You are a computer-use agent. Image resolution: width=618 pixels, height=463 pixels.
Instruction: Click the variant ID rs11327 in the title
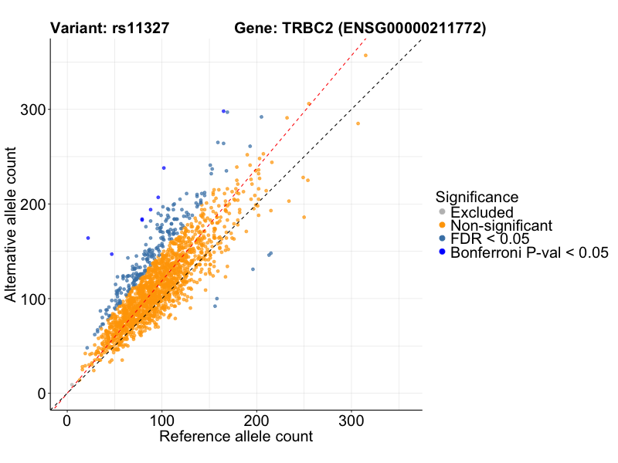(x=141, y=29)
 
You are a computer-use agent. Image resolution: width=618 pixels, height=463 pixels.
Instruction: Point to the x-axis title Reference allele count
(x=236, y=437)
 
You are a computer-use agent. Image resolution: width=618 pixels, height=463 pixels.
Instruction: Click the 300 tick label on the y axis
(x=30, y=110)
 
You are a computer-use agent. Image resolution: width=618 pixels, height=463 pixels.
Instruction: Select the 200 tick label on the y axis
(x=30, y=204)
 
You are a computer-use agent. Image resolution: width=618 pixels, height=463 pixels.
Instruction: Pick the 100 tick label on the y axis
(x=30, y=299)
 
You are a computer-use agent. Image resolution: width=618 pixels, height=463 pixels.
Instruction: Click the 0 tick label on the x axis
(x=67, y=421)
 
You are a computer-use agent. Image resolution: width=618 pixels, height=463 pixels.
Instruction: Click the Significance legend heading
(x=477, y=197)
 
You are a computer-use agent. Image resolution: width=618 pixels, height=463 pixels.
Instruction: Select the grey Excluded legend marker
(x=442, y=212)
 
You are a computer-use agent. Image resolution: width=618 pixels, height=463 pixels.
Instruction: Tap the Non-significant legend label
(x=501, y=226)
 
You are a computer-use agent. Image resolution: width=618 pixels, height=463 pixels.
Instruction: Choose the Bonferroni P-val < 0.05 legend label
(x=530, y=252)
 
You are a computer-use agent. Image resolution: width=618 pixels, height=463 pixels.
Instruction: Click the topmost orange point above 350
(x=365, y=56)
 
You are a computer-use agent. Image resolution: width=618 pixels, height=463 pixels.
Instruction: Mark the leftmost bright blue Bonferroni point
(x=88, y=238)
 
